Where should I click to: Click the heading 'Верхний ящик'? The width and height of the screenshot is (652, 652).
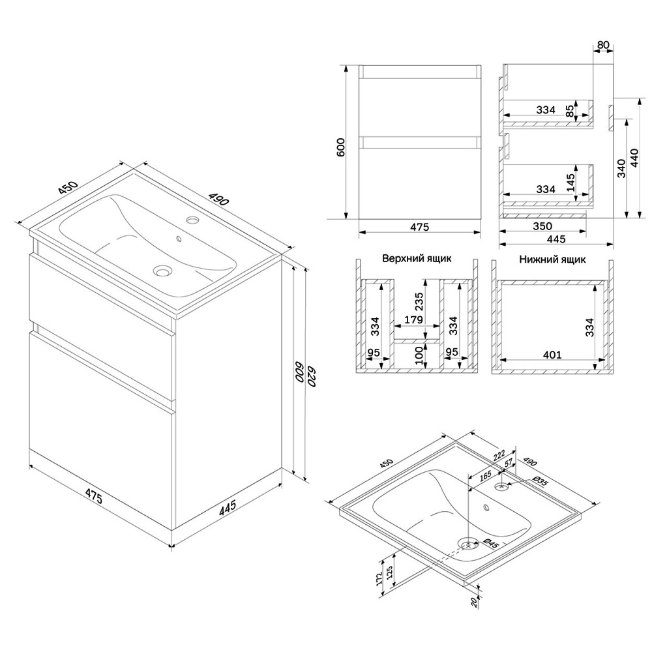point(417,258)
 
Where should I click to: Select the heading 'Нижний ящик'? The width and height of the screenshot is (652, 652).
point(552,259)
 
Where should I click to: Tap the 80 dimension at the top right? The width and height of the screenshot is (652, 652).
point(603,45)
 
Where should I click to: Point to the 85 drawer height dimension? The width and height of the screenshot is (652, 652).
point(570,111)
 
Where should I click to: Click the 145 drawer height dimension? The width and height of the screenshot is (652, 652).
point(571,183)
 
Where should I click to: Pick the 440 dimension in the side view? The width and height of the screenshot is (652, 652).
point(635,158)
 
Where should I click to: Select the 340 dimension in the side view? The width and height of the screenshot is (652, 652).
point(621,168)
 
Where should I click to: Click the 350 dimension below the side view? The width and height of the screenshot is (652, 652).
point(542,226)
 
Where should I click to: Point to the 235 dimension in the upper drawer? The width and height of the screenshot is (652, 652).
point(419,302)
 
